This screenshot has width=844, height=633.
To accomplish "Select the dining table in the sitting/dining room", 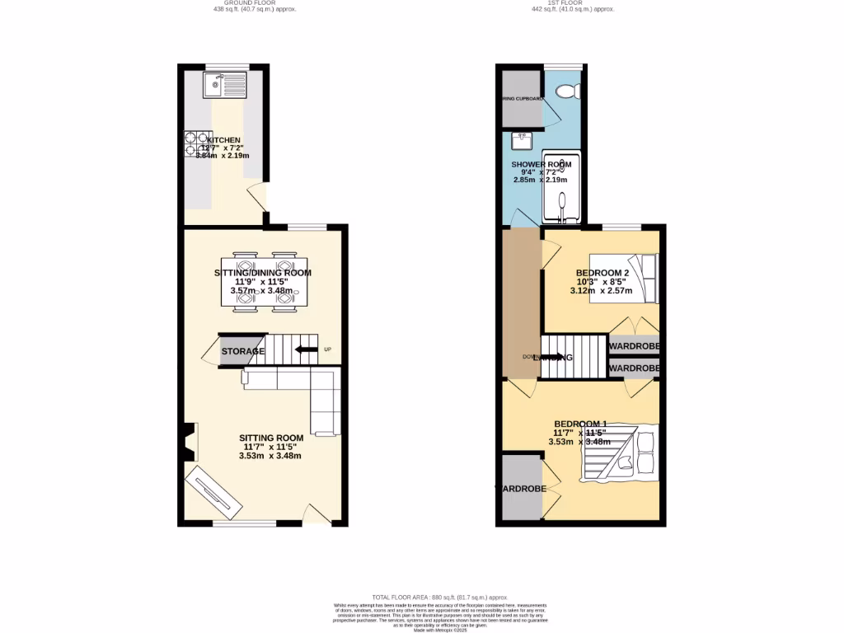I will click(263, 279).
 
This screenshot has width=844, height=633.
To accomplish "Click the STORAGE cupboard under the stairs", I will click(242, 351).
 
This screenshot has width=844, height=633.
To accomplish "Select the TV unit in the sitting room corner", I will click(213, 493).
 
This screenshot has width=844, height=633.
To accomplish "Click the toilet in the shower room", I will click(570, 91).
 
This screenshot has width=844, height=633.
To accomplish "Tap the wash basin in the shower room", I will click(521, 142).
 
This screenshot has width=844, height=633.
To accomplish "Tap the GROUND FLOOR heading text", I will click(254, 3).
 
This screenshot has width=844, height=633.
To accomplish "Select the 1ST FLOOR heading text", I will click(573, 3).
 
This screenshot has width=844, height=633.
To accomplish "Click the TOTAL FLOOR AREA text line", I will click(438, 597).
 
